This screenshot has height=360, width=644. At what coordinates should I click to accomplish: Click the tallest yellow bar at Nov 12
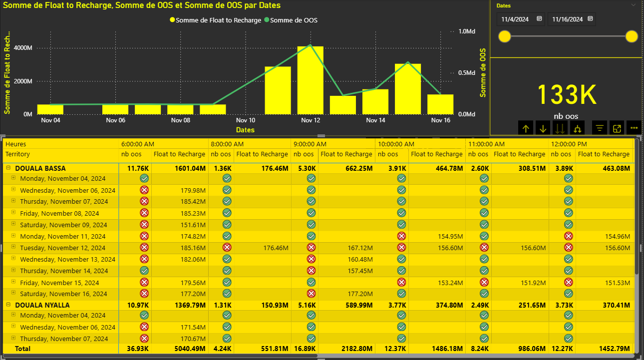point(310,80)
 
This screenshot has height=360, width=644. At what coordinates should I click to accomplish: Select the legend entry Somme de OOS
point(294,20)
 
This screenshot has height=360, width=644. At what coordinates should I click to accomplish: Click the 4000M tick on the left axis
point(23,48)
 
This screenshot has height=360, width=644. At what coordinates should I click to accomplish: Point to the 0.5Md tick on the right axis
point(466,73)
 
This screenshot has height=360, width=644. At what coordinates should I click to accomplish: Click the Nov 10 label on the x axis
point(245,120)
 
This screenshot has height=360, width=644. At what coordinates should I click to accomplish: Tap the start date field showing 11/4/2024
point(516,19)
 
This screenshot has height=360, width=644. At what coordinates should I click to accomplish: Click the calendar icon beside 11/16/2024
point(590,19)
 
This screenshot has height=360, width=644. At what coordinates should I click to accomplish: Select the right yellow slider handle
point(632,36)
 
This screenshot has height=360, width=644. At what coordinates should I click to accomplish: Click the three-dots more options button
point(634,128)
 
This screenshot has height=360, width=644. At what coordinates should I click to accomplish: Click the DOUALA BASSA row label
point(40,168)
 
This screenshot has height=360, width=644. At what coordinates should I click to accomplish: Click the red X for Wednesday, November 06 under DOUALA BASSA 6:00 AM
point(144,190)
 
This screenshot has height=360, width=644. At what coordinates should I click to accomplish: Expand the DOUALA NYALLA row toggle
point(8,305)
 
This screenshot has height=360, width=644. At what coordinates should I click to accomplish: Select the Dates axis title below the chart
point(245,130)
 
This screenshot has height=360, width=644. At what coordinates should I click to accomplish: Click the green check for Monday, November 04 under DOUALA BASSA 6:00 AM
point(144,178)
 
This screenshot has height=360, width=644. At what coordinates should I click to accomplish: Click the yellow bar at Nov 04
point(50,109)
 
